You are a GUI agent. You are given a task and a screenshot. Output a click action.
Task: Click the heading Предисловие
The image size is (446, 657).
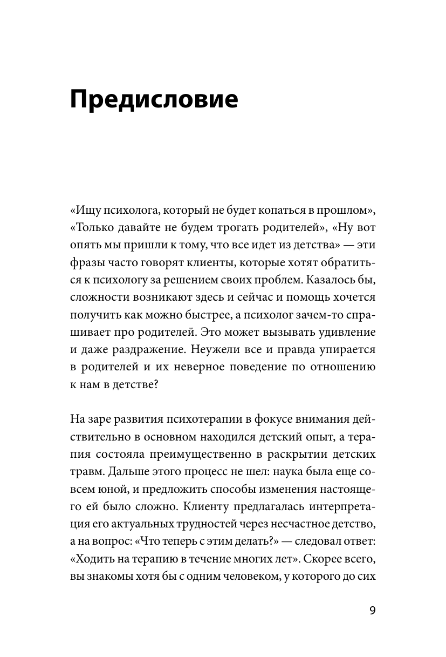[154, 101]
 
